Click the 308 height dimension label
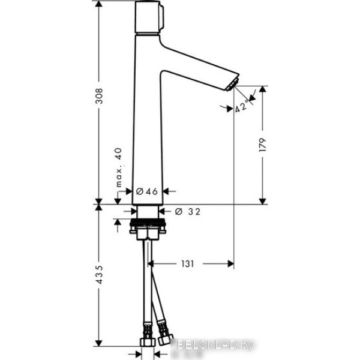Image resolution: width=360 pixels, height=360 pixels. (x=99, y=96)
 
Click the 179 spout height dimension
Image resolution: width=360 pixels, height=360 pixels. (x=262, y=145)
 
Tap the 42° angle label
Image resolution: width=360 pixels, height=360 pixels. (x=242, y=106)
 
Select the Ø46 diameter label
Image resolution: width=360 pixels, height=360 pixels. (x=147, y=191)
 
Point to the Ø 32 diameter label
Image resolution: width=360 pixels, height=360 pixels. (x=188, y=211)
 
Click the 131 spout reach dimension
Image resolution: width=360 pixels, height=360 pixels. (x=188, y=264)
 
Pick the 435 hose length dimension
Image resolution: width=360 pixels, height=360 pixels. (x=99, y=275)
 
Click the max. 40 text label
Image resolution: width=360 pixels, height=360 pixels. (x=118, y=167)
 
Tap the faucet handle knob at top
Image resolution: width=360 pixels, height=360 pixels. (x=149, y=17)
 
